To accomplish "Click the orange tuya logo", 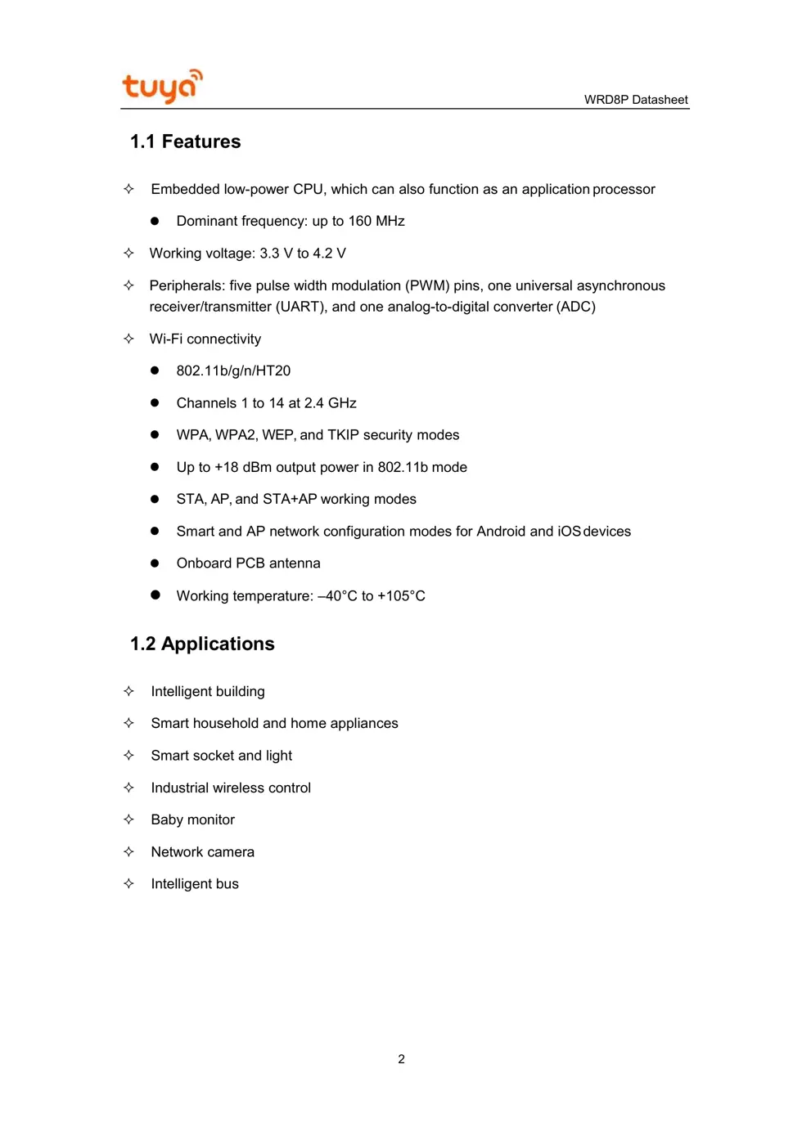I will pyautogui.click(x=162, y=86).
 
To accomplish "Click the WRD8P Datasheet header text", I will pyautogui.click(x=636, y=100).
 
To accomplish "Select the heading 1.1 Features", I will pyautogui.click(x=185, y=141).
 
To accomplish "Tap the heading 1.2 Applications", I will pyautogui.click(x=202, y=644).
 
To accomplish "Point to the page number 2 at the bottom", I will pyautogui.click(x=401, y=1059).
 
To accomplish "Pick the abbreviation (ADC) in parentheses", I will pyautogui.click(x=575, y=307).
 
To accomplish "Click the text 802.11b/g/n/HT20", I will pyautogui.click(x=233, y=370).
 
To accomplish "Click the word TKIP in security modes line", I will pyautogui.click(x=343, y=435).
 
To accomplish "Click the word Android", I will pyautogui.click(x=501, y=532).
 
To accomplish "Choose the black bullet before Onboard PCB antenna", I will pyautogui.click(x=155, y=564).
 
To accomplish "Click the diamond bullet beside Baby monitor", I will pyautogui.click(x=128, y=819).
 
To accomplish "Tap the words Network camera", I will pyautogui.click(x=202, y=852).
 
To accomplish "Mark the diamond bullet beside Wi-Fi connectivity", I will pyautogui.click(x=128, y=339).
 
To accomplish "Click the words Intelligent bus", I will pyautogui.click(x=195, y=884).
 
